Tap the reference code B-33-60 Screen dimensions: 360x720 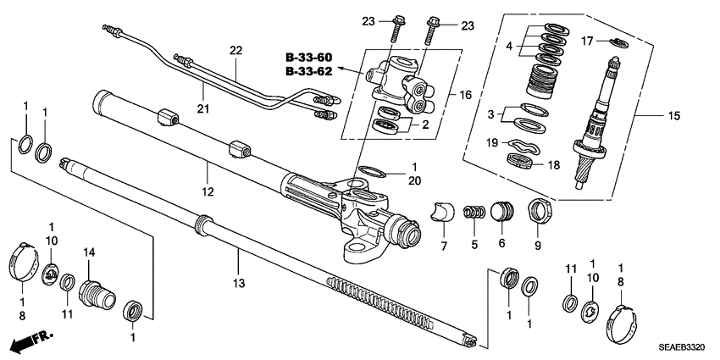pos(307,58)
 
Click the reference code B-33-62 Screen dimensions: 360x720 pos(307,72)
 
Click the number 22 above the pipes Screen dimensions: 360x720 pos(236,51)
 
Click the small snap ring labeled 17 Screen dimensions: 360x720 pos(618,42)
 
